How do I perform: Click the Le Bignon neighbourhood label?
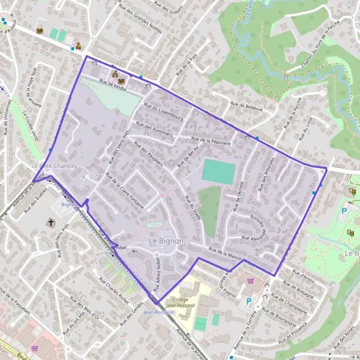pos(166,241)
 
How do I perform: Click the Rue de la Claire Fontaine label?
pos(125,191)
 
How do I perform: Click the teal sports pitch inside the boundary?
pos(218,172)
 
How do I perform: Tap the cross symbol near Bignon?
pos(51,223)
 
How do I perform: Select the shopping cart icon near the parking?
pos(250,280)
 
